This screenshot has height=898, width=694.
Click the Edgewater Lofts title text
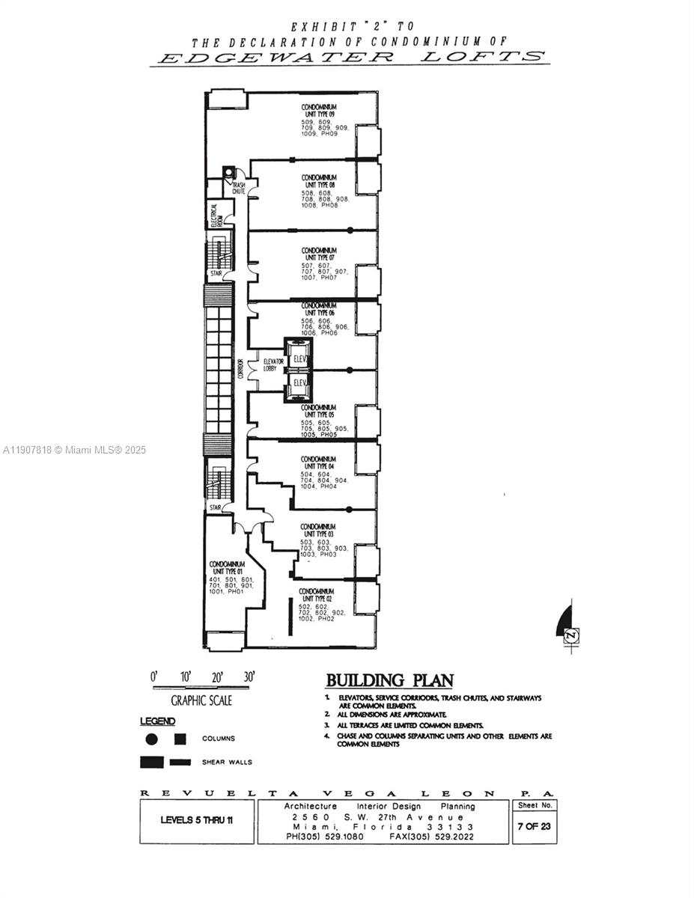coord(349,57)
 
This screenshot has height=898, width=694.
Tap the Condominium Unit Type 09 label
coord(318,110)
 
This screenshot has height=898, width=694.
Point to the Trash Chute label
coord(238,189)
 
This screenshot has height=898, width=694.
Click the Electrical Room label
coord(215,216)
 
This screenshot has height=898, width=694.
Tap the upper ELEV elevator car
coord(299,358)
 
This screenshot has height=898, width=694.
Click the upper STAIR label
coord(216,274)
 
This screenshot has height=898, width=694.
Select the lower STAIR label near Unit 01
coord(216,507)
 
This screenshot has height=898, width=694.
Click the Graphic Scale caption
coord(201,700)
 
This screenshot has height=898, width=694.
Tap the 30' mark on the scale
coord(249,676)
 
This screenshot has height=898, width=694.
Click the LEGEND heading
coord(157,721)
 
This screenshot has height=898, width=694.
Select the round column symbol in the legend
coord(152,739)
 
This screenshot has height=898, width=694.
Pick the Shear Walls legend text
coord(227,763)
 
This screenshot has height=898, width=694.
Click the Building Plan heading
coord(389,680)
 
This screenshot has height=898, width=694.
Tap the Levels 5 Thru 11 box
coord(196,820)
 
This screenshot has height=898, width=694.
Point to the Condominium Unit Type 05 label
coord(318,411)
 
